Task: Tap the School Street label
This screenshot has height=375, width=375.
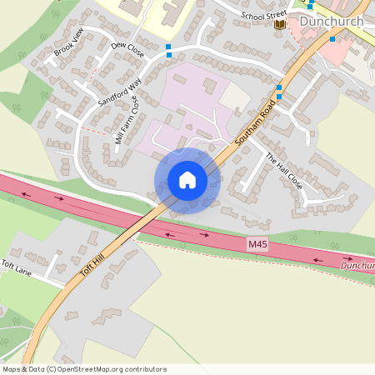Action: (263, 15)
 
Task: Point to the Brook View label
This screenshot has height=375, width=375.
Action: (69, 42)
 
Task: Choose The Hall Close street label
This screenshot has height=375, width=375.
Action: (283, 172)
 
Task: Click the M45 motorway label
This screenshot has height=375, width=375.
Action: (258, 245)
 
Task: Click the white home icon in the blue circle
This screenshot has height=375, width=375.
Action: (187, 180)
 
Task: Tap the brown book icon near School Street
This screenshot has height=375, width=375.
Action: (279, 24)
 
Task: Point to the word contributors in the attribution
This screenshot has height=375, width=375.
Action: (145, 369)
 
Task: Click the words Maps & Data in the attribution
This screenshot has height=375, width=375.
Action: (23, 369)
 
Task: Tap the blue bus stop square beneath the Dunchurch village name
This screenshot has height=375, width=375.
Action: (332, 38)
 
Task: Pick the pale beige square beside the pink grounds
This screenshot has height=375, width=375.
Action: (234, 97)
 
